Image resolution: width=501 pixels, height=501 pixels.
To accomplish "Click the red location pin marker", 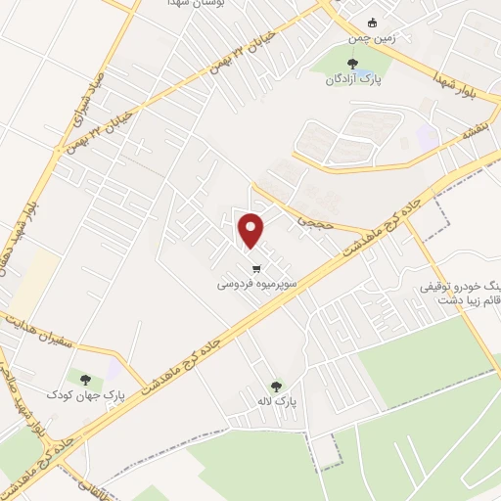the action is point(252,230).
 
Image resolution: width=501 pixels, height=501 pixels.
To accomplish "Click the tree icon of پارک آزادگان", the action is point(340,65).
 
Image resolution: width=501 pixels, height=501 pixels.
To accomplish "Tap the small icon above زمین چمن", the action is point(371,23).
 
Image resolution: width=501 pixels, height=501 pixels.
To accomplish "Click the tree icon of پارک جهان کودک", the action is point(85,379).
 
